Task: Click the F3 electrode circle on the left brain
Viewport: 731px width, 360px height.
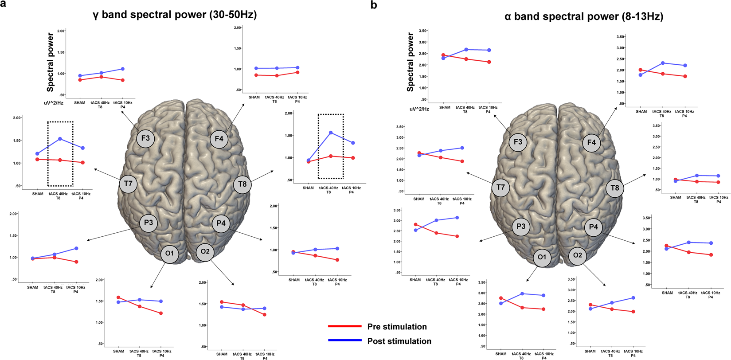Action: (x=145, y=138)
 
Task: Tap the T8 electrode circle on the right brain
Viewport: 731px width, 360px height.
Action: (x=615, y=188)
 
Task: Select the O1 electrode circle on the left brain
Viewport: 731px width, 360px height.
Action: (x=169, y=254)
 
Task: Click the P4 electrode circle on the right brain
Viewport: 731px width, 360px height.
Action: (x=593, y=227)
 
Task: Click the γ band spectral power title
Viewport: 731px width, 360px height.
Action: (x=175, y=15)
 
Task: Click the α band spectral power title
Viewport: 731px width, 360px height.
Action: (x=583, y=17)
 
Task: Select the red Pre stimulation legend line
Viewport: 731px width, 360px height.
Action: (x=344, y=326)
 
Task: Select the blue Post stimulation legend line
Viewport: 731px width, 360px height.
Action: (x=344, y=340)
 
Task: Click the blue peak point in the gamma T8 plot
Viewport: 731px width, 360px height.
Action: (x=331, y=133)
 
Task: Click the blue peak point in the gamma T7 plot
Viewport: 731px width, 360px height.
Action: (x=60, y=139)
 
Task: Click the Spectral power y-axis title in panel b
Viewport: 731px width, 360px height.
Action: (x=410, y=62)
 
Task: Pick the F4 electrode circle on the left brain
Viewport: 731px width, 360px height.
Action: (x=219, y=139)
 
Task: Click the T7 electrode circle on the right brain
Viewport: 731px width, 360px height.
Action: (x=500, y=188)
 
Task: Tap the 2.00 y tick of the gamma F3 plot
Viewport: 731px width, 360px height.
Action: (x=61, y=31)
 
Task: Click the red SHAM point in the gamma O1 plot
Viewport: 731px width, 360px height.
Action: (x=118, y=297)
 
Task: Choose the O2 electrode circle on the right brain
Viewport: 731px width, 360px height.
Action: (x=577, y=255)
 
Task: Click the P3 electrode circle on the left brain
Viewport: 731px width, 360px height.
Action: (x=148, y=223)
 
